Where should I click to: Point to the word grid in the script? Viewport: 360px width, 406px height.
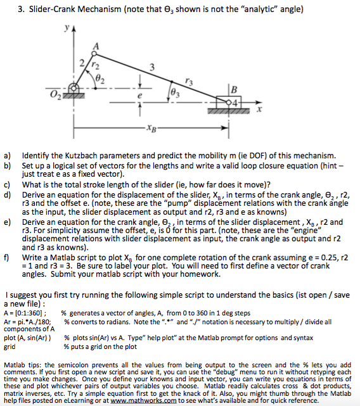[x=10, y=347]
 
